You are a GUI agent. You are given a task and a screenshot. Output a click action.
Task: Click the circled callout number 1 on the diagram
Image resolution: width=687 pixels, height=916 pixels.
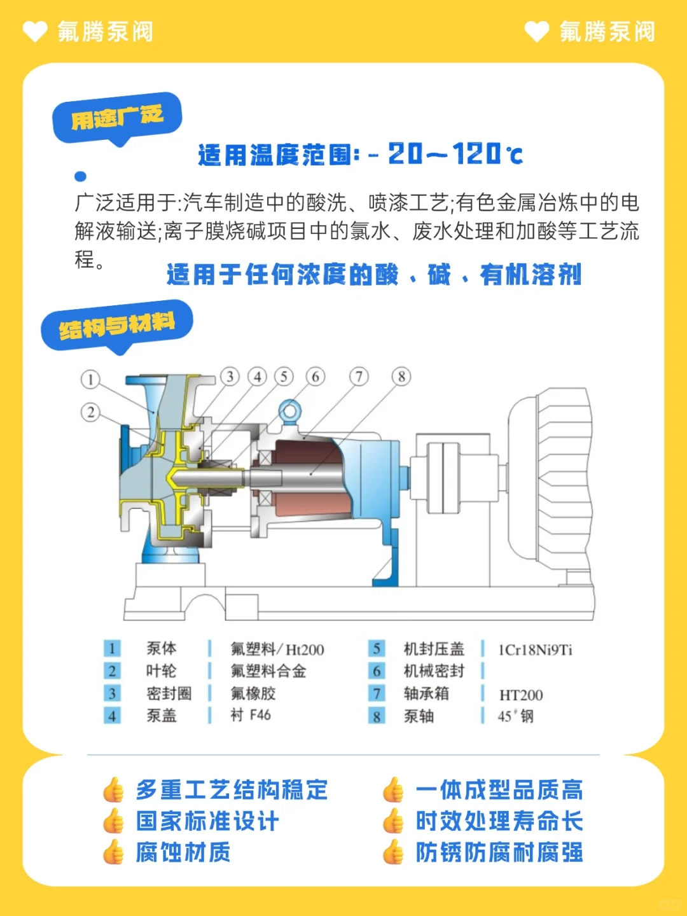point(90,380)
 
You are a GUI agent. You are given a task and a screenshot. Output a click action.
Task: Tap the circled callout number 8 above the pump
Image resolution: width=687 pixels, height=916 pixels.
point(401,377)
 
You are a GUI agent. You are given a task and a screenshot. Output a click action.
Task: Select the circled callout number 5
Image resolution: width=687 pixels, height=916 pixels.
point(284,377)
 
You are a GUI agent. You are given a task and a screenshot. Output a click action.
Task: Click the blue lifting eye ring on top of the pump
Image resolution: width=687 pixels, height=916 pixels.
point(289,410)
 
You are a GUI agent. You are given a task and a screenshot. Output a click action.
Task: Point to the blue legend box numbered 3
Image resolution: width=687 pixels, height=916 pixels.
point(112,693)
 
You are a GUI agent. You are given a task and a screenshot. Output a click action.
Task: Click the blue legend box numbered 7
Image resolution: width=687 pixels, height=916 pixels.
point(377,693)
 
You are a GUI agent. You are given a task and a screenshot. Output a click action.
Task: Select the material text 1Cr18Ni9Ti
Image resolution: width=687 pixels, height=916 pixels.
point(535,649)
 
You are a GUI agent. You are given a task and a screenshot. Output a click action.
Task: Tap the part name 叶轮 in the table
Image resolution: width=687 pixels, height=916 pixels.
point(161,671)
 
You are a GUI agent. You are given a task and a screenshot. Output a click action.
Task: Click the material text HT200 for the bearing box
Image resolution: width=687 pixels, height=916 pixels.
point(521,695)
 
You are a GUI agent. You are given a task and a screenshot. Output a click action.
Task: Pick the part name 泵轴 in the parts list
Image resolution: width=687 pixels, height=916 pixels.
point(419,716)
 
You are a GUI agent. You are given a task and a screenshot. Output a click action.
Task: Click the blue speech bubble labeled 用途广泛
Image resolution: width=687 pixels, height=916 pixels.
point(117,118)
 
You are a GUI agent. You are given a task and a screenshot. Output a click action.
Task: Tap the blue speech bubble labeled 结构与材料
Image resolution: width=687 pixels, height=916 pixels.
point(116,326)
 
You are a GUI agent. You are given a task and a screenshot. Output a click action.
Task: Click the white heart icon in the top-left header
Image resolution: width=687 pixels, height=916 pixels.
point(35,31)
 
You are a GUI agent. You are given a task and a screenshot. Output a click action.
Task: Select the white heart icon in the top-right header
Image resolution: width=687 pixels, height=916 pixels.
point(537,31)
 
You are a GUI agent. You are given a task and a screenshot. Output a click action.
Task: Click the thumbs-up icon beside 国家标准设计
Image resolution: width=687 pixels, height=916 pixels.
point(113,821)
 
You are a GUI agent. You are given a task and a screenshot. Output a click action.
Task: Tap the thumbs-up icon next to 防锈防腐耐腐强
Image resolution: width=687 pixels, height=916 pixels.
point(393,852)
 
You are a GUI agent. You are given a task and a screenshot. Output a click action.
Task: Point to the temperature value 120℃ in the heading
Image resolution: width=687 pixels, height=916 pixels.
point(487,154)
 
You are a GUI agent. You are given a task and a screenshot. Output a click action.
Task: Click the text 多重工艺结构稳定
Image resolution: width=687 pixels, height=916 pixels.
point(232,790)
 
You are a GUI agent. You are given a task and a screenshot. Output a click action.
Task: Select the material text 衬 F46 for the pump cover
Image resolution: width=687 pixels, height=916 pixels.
point(251,716)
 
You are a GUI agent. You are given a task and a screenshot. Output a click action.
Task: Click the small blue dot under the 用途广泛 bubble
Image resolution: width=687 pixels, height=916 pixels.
point(80,176)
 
